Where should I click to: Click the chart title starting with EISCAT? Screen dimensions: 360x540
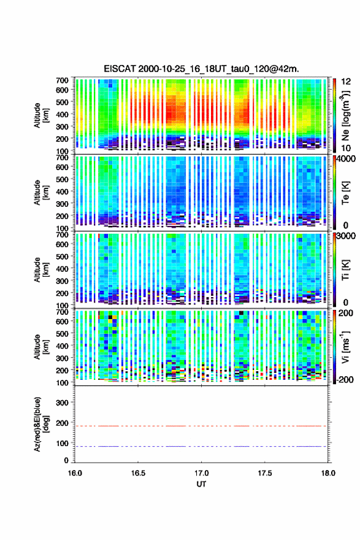click(x=201, y=69)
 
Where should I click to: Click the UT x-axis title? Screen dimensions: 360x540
click(x=201, y=484)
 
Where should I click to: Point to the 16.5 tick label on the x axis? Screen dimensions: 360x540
click(x=138, y=473)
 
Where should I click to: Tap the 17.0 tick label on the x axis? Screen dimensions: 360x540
click(x=201, y=473)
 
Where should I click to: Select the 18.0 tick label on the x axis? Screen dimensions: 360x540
click(x=328, y=473)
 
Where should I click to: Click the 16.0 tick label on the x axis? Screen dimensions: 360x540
click(x=75, y=473)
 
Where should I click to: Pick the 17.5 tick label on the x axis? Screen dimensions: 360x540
click(x=265, y=473)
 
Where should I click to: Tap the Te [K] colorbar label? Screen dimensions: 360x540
click(x=345, y=193)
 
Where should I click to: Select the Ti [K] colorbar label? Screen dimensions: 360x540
click(x=345, y=269)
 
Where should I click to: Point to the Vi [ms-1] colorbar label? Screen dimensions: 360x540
click(x=345, y=347)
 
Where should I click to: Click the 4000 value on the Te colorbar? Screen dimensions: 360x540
click(x=347, y=159)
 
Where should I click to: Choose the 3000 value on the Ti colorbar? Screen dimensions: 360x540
click(x=347, y=236)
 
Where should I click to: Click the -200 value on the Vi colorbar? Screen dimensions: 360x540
click(x=345, y=379)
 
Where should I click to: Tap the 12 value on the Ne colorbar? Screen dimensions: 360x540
click(x=347, y=82)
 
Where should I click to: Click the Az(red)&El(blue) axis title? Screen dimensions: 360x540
click(x=40, y=424)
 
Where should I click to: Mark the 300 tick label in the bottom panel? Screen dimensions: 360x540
click(x=62, y=403)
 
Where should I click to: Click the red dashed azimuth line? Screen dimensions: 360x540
click(x=201, y=426)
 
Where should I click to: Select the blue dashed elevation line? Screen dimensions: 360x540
click(x=201, y=446)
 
